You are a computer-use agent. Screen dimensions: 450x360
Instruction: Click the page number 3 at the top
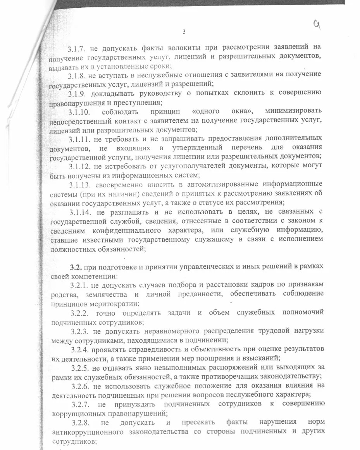tap(184, 32)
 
